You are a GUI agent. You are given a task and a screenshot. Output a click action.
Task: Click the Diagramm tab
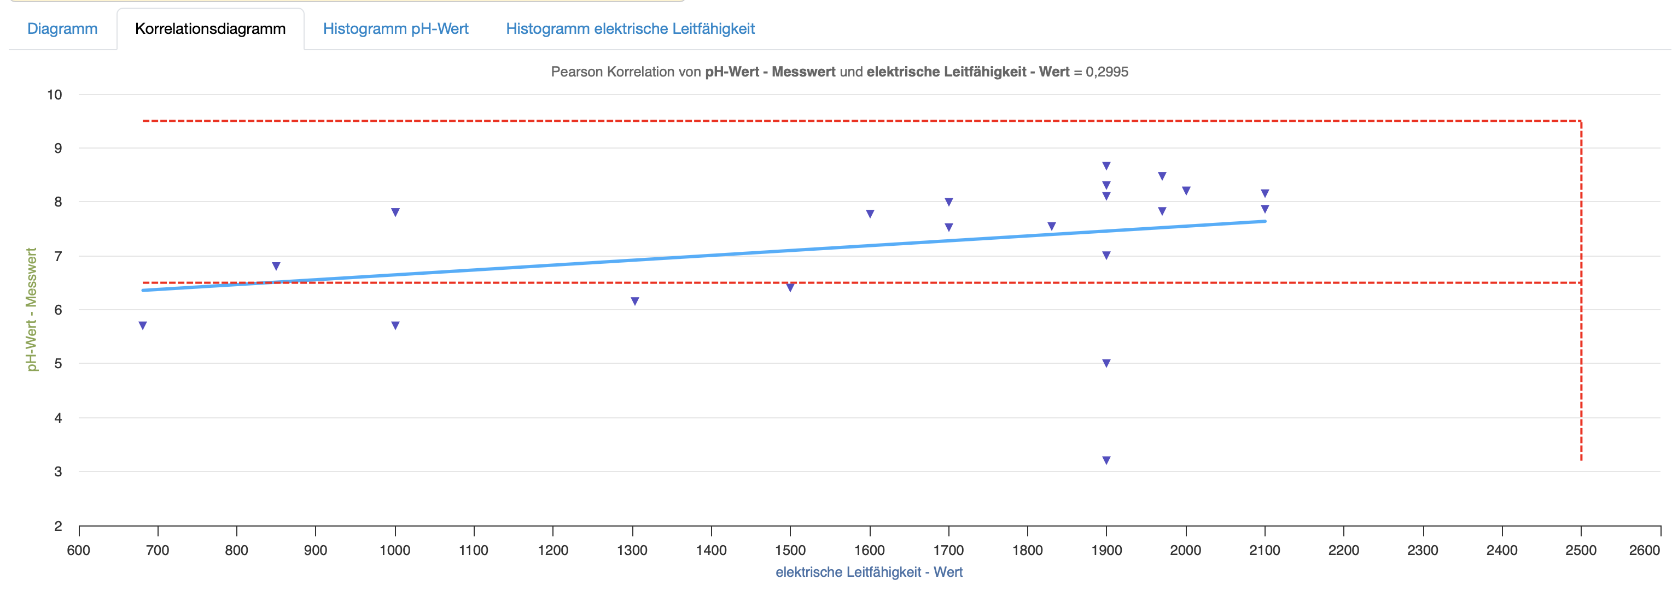(x=62, y=28)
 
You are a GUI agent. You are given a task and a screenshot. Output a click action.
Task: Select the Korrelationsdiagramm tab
(x=210, y=28)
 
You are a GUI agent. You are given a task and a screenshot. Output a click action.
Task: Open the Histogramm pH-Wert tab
(x=395, y=28)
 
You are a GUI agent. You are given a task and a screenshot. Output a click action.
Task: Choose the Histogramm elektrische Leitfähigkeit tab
(x=630, y=28)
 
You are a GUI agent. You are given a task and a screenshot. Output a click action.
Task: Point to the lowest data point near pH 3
(x=1106, y=460)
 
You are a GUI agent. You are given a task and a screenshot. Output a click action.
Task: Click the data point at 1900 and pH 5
(x=1106, y=363)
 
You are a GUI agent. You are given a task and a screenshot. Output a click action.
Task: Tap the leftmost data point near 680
(x=143, y=326)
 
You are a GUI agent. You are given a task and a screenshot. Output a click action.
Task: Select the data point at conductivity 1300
(x=635, y=302)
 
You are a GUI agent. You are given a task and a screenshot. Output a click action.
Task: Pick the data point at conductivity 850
(x=276, y=266)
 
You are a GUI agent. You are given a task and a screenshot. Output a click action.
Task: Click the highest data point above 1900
(x=1106, y=166)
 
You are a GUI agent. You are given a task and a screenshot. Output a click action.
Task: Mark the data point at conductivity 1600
(x=870, y=214)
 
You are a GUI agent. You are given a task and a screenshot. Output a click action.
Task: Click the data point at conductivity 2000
(x=1186, y=191)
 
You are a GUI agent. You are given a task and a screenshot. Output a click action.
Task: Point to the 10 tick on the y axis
(x=55, y=94)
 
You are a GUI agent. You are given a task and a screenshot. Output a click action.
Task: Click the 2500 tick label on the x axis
(x=1581, y=550)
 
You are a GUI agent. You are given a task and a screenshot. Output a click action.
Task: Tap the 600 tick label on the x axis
(x=79, y=550)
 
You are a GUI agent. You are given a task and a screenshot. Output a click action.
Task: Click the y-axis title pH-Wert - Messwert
(x=31, y=309)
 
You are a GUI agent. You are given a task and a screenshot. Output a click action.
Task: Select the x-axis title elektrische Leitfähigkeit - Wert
(x=869, y=572)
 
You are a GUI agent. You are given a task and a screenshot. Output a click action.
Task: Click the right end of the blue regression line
(x=1264, y=221)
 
